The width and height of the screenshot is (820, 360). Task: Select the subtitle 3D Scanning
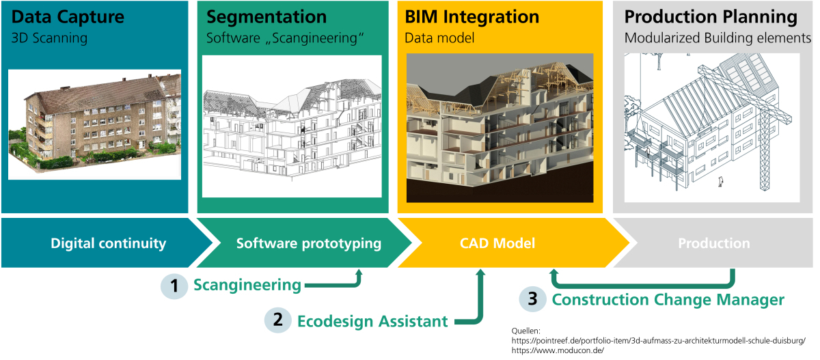tap(49, 38)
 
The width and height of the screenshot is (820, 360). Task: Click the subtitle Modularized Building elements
tap(717, 38)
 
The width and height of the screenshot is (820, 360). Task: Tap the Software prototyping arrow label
tap(308, 243)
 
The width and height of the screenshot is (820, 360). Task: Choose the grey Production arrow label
tap(713, 243)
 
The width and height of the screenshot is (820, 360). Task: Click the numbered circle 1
tap(174, 286)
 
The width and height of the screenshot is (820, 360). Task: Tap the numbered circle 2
tap(277, 320)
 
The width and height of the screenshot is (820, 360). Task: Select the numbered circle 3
tap(532, 299)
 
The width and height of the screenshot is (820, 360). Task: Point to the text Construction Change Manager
tap(668, 299)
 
